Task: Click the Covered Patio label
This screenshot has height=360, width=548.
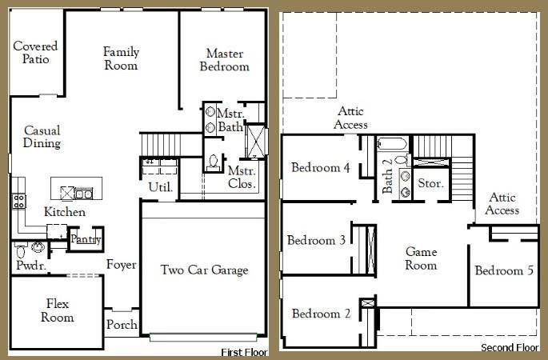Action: [x=35, y=53]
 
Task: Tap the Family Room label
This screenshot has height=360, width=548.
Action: [x=121, y=58]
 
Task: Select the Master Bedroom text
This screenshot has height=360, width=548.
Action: [x=224, y=60]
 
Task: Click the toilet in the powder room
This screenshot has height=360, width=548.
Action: [x=22, y=250]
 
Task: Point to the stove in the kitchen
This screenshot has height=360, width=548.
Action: [x=18, y=201]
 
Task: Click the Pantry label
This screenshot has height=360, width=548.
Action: [x=86, y=239]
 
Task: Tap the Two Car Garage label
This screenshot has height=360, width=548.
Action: [x=204, y=270]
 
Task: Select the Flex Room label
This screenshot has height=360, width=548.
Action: [x=58, y=310]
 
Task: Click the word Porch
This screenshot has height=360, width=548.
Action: [x=122, y=324]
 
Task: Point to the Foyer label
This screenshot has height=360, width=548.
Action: [x=122, y=265]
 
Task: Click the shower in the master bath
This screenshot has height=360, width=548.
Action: [x=256, y=141]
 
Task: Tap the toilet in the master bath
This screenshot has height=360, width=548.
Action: [x=213, y=163]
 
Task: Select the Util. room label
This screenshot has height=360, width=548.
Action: [x=161, y=187]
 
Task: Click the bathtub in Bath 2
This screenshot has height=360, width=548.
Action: [x=392, y=144]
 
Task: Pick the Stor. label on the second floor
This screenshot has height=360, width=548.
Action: [x=430, y=183]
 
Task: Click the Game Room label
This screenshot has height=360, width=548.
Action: [x=421, y=258]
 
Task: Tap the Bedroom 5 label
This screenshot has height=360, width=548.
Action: [x=504, y=270]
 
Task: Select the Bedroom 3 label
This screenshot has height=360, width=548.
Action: [x=316, y=240]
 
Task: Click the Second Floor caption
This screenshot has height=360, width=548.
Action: [x=510, y=348]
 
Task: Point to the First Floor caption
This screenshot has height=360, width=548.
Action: [x=244, y=352]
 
